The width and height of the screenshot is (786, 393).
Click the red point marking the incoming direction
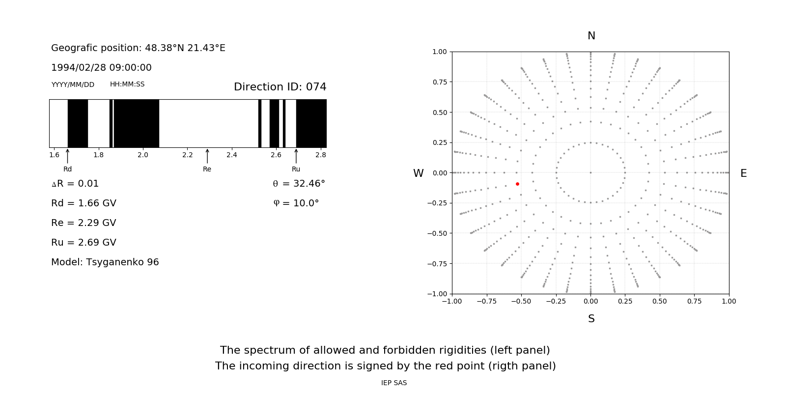(x=517, y=184)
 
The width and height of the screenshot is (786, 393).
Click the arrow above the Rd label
(x=68, y=156)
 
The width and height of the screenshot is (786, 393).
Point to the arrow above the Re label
(x=207, y=156)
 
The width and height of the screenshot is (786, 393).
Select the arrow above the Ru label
(x=296, y=156)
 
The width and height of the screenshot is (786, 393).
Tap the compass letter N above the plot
(x=591, y=36)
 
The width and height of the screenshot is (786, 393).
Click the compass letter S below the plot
(x=591, y=319)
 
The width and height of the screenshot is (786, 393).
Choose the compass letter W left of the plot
(x=418, y=173)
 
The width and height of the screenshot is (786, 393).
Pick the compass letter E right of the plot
(x=743, y=173)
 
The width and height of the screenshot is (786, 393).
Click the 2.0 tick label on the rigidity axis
(x=143, y=155)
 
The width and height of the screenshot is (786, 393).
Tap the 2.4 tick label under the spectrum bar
(x=232, y=155)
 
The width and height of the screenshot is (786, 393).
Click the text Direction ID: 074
(x=280, y=87)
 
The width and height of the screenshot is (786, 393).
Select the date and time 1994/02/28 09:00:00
(x=101, y=68)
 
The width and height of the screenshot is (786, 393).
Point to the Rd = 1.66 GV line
(x=84, y=203)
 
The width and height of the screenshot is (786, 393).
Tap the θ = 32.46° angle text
(x=299, y=184)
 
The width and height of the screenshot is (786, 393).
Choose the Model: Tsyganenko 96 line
(x=105, y=262)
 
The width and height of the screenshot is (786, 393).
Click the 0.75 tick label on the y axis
(x=439, y=82)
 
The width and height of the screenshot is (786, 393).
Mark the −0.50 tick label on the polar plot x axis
(x=521, y=301)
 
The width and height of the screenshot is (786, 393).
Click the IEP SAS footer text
(x=394, y=383)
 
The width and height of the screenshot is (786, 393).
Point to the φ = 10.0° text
(x=296, y=203)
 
